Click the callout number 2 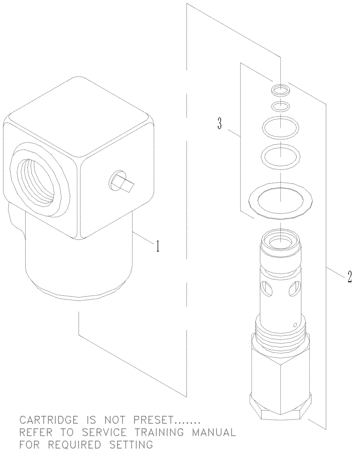[x=350, y=276]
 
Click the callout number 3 [x=219, y=123]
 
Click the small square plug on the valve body [x=121, y=182]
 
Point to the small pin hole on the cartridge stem [x=295, y=324]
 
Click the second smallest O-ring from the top [x=281, y=107]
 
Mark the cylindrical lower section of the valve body [x=77, y=262]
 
